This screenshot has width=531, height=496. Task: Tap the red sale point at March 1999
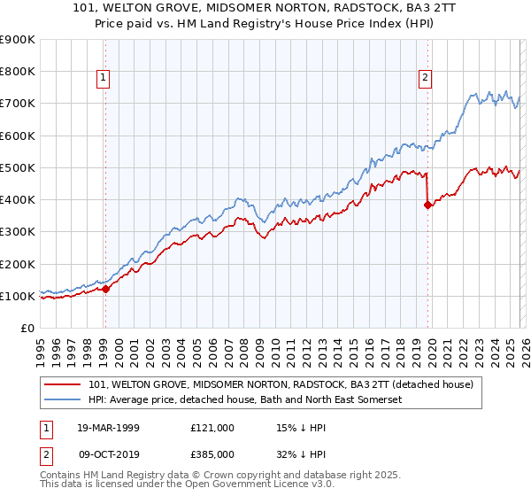point(105,289)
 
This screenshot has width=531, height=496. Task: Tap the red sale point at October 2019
point(428,205)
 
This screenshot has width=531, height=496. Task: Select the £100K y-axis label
point(19,296)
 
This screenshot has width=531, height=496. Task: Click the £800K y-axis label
point(19,71)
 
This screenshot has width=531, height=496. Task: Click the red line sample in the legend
point(63,384)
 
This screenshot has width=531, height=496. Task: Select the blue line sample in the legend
point(63,400)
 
